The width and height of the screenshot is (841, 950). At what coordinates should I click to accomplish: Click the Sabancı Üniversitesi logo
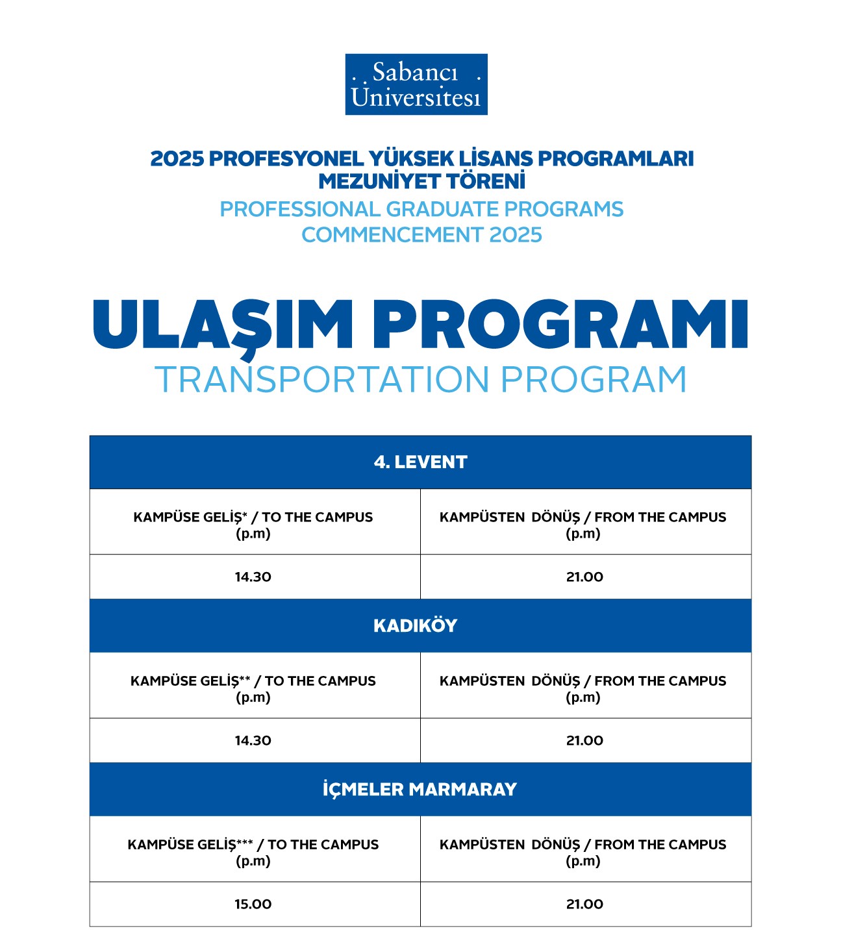416,84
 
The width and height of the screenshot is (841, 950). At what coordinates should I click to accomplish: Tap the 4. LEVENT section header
420,462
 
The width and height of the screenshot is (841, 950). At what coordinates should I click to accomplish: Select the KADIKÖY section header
415,625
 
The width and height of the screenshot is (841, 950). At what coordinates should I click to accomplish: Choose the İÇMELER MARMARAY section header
420,789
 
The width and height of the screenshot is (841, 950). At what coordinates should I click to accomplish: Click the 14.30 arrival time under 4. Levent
253,577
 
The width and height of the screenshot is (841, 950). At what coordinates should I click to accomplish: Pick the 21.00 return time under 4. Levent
584,577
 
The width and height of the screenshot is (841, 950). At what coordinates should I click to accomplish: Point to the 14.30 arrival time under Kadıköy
253,740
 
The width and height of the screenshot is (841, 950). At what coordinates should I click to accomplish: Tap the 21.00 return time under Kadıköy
584,740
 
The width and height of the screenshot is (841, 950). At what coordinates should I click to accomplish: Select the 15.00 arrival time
253,904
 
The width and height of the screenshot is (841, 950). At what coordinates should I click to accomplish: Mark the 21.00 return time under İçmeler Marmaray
584,904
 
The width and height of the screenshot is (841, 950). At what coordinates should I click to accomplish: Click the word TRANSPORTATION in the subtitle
321,380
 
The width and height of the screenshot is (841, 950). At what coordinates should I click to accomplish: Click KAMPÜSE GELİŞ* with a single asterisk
190,518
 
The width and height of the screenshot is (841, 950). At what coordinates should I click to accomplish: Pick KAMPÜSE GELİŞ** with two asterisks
190,681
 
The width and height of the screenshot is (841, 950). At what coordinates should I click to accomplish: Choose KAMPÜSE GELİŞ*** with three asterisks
190,845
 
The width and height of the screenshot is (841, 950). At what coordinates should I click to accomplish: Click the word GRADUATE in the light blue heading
442,209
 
